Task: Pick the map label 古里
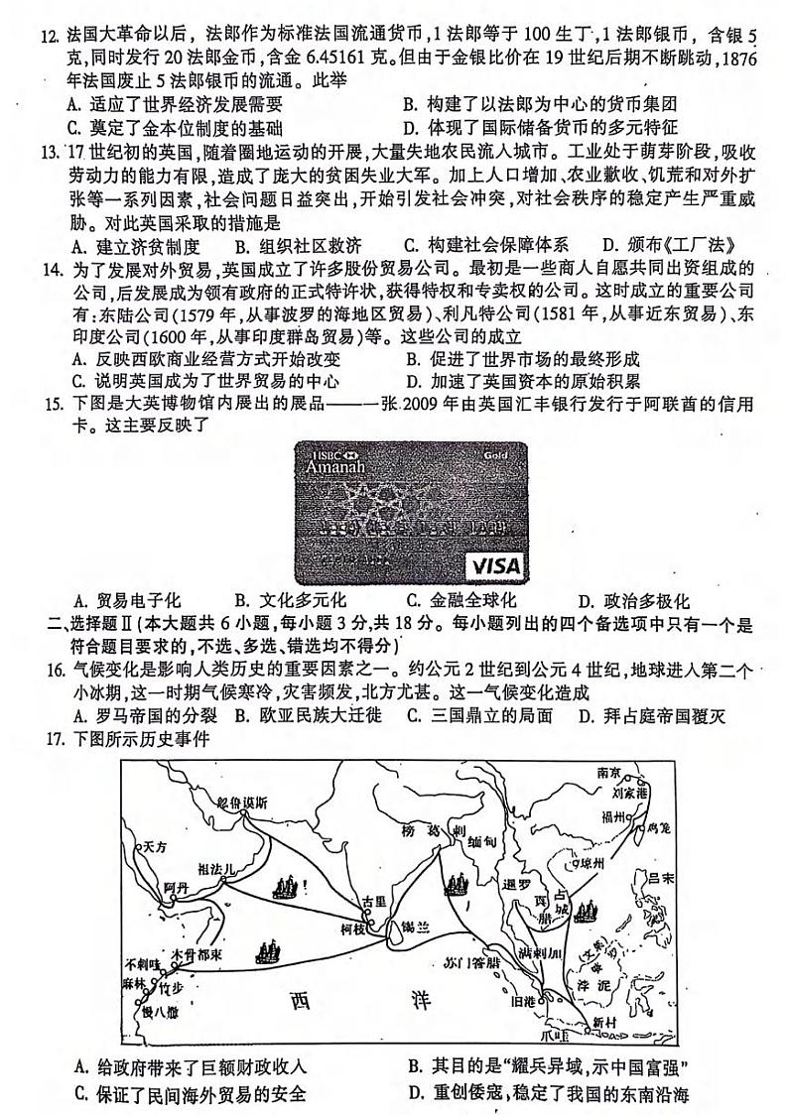pyautogui.click(x=372, y=900)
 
